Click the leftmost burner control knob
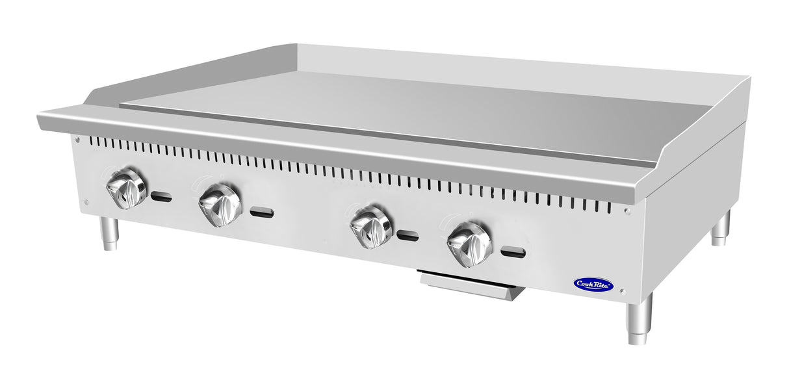(x=127, y=188)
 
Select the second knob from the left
(x=220, y=205)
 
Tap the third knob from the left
(x=371, y=227)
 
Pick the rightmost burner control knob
(x=470, y=244)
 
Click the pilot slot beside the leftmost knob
(x=161, y=197)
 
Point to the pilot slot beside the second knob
(x=262, y=213)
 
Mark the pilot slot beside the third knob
(x=407, y=236)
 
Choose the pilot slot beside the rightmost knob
(x=513, y=253)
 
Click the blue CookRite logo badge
(x=593, y=284)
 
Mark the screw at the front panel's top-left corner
(x=77, y=139)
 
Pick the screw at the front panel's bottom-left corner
(x=86, y=202)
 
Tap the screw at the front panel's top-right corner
(x=627, y=211)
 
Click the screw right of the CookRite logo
(x=622, y=292)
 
